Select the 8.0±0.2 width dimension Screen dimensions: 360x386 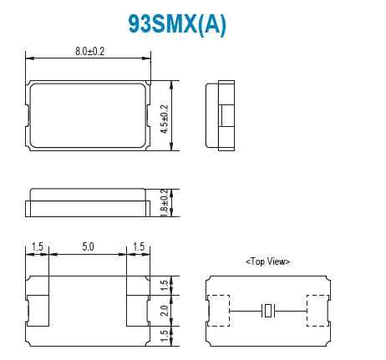click(89, 52)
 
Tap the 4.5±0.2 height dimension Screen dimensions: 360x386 click(164, 117)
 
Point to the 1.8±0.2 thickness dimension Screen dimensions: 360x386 click(165, 203)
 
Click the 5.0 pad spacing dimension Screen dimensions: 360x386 click(88, 248)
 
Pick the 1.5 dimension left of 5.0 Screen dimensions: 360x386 click(38, 248)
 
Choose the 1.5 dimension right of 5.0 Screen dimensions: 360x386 click(138, 248)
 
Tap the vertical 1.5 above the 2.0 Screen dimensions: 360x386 click(165, 286)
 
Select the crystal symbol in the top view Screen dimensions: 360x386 click(267, 312)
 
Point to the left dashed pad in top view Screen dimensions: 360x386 click(219, 312)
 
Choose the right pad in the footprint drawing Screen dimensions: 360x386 click(138, 311)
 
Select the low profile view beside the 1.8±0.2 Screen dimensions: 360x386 click(89, 203)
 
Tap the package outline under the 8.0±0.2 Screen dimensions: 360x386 click(89, 115)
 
